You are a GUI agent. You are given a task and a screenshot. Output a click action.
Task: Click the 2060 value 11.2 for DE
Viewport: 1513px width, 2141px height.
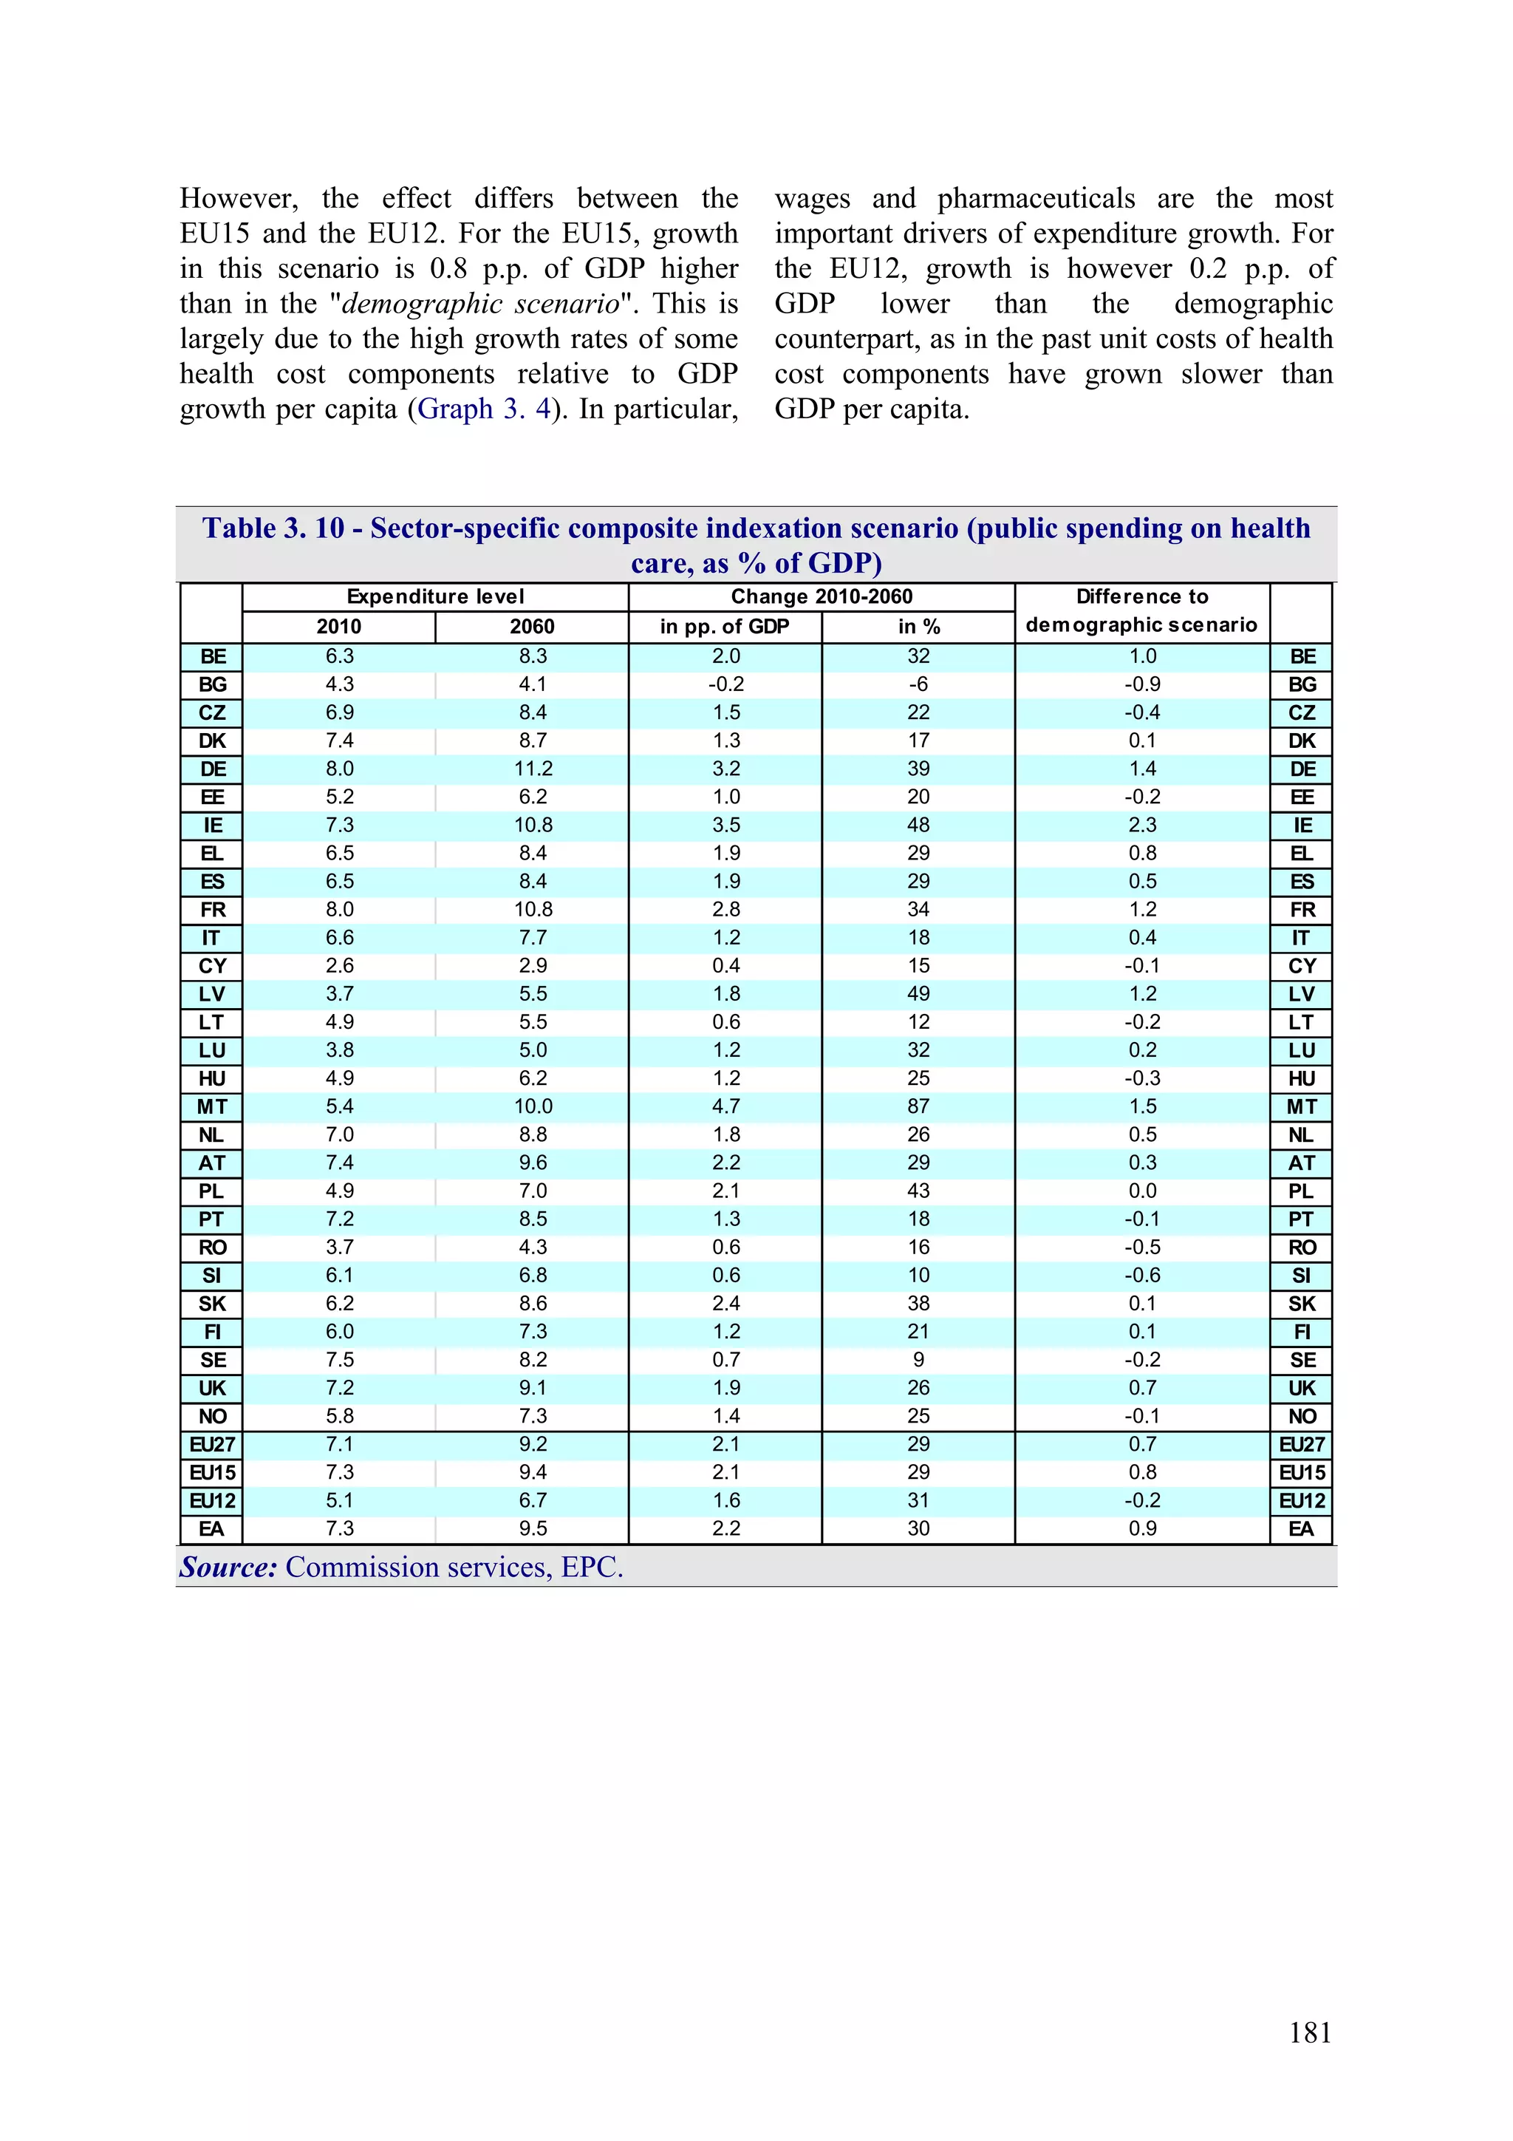click(533, 769)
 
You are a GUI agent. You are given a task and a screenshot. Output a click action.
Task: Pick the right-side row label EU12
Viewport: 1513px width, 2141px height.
click(1302, 1500)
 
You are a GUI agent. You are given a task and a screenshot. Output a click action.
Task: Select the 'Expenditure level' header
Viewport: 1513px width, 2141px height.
click(435, 597)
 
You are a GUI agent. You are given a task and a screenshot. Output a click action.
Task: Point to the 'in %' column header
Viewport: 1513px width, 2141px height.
click(918, 627)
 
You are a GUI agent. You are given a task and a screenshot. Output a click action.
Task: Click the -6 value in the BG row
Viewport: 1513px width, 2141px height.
click(918, 684)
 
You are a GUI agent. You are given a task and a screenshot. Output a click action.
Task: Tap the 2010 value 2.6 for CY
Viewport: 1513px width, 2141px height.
click(339, 965)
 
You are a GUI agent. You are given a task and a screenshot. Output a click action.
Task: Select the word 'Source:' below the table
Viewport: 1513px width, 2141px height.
click(228, 1567)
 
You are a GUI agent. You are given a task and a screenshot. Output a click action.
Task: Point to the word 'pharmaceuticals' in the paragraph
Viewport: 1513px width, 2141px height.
click(1036, 199)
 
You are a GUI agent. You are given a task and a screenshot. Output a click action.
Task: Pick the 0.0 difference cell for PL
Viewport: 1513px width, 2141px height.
click(1142, 1191)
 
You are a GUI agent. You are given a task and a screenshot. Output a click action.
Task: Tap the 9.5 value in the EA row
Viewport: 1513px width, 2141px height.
click(533, 1528)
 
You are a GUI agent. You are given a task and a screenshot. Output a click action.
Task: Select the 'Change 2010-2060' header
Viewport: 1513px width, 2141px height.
click(822, 597)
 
